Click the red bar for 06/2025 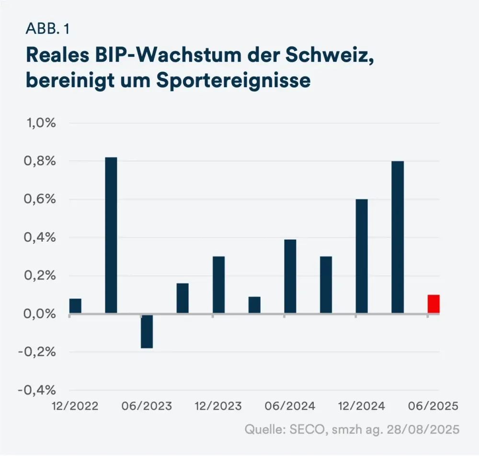pyautogui.click(x=433, y=304)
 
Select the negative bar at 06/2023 pyautogui.click(x=147, y=331)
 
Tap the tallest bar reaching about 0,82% pyautogui.click(x=111, y=235)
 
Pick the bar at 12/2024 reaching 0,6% pyautogui.click(x=362, y=256)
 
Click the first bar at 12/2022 pyautogui.click(x=75, y=306)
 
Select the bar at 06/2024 pyautogui.click(x=290, y=277)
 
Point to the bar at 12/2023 pyautogui.click(x=218, y=285)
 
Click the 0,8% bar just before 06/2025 pyautogui.click(x=398, y=237)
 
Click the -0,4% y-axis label pyautogui.click(x=38, y=390)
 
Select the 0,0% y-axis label pyautogui.click(x=41, y=314)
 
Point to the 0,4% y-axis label pyautogui.click(x=41, y=238)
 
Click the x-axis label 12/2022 pyautogui.click(x=75, y=406)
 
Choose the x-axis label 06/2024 pyautogui.click(x=290, y=406)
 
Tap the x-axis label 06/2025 pyautogui.click(x=433, y=406)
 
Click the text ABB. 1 pyautogui.click(x=47, y=29)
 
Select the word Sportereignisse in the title pyautogui.click(x=233, y=80)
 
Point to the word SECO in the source pyautogui.click(x=304, y=429)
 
